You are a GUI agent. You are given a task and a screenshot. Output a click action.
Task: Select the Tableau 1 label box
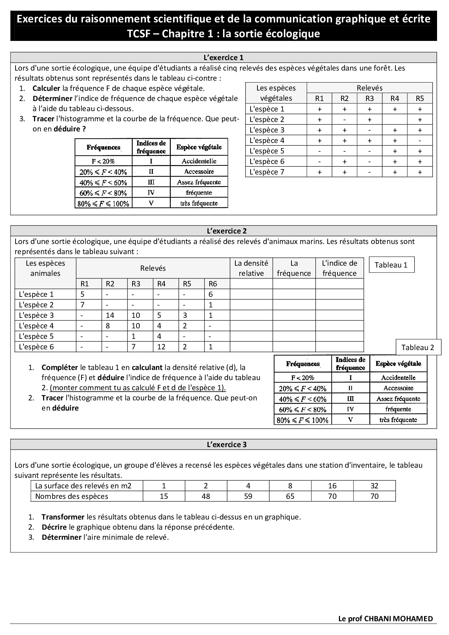coord(391,265)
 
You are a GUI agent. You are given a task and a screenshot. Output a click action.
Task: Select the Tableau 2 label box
coord(417,348)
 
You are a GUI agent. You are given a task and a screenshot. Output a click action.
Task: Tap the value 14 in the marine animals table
coord(110,315)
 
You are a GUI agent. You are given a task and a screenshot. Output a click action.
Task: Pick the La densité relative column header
coord(251,268)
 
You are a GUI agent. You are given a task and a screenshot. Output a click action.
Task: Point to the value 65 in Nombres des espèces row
coord(290,496)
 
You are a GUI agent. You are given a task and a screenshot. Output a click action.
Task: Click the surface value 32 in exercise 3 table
coord(374,486)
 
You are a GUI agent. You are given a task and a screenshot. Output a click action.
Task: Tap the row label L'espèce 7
coord(267,172)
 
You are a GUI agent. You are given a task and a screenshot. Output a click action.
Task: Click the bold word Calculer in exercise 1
coord(46,88)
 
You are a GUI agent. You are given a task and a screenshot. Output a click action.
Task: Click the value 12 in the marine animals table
coord(161,347)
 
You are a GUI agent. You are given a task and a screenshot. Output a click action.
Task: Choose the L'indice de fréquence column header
coord(339,268)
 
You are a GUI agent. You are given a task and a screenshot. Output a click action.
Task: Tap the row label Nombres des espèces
coord(72,496)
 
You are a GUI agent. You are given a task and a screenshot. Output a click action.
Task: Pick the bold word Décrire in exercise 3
coord(54,527)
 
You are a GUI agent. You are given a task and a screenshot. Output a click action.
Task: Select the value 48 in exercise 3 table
coord(206,496)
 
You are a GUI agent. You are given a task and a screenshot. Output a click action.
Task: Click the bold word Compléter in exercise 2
coord(60,367)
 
